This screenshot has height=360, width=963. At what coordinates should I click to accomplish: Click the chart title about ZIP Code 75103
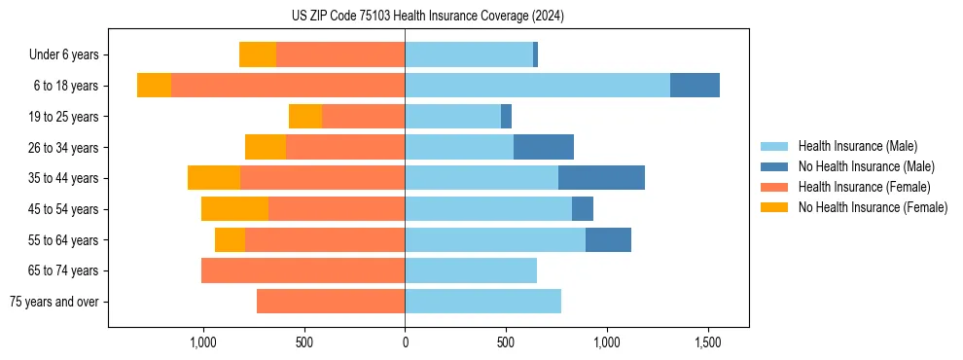pos(428,17)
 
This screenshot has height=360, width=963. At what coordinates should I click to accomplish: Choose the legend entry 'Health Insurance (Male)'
pos(857,146)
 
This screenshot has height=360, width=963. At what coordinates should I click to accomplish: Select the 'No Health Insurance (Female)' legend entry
pos(873,207)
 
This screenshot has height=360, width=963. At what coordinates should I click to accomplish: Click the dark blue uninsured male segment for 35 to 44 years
pos(601,178)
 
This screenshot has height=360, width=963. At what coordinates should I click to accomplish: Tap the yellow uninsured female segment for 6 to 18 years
pos(154,86)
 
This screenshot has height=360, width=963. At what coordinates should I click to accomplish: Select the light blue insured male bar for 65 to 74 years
pos(471,270)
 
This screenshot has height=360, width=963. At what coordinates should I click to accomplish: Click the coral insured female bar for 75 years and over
pos(331,302)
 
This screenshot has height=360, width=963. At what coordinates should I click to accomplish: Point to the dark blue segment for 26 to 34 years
pos(544,147)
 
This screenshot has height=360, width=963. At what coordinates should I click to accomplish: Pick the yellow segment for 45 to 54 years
pos(234,209)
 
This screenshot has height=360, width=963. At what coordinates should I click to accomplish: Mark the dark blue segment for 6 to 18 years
pos(695,86)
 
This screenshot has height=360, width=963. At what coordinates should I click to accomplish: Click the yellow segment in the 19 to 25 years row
pos(305,117)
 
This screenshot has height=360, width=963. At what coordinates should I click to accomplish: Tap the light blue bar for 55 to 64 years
pos(495,239)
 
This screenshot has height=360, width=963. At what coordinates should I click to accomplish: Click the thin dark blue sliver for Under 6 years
pos(535,55)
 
